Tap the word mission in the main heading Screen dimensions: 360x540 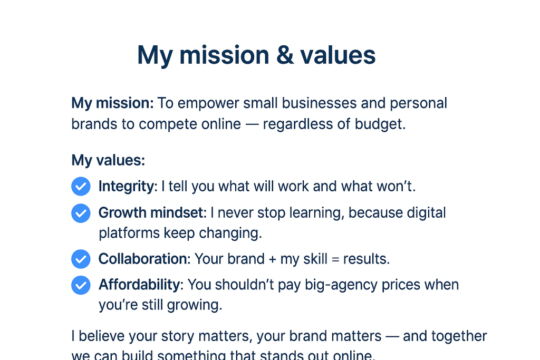point(221,55)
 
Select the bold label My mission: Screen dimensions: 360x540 point(112,103)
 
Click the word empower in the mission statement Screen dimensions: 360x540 point(207,103)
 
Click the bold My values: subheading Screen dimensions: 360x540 point(108,160)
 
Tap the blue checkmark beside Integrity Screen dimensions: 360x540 point(81,186)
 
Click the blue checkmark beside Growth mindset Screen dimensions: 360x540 point(81,213)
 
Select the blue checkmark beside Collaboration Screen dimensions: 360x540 point(81,259)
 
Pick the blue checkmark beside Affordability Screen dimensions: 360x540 point(81,285)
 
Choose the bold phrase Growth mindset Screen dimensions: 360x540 point(151,213)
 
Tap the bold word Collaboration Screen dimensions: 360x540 point(143,259)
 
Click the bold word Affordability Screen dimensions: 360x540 point(139,285)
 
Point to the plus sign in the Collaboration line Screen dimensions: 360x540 point(273,259)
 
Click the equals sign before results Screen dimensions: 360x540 point(334,259)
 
